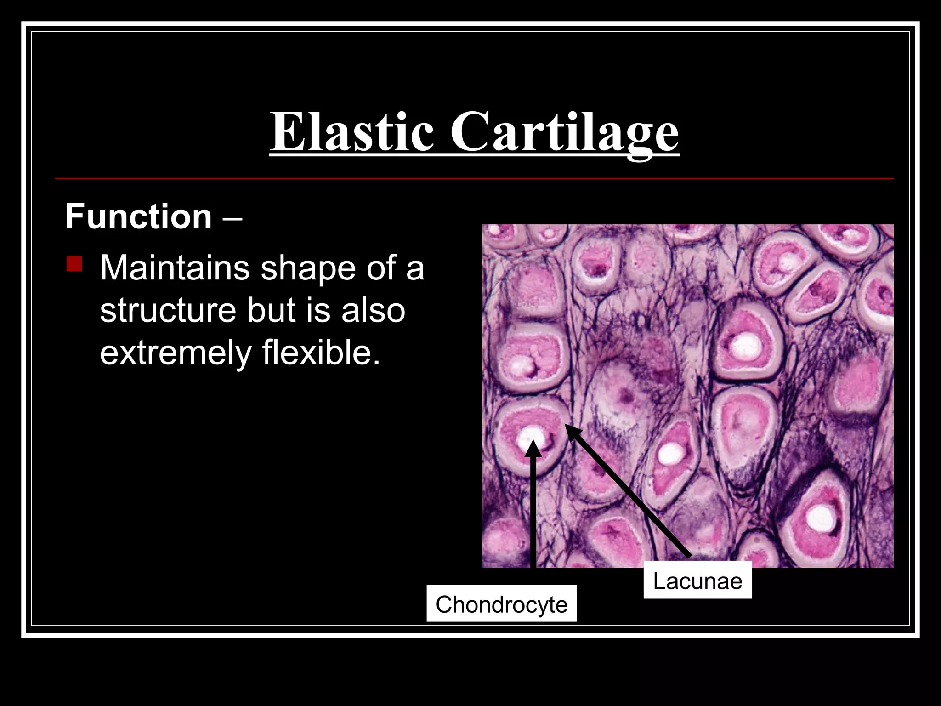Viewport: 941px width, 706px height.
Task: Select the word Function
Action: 138,216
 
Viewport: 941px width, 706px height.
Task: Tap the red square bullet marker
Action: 74,264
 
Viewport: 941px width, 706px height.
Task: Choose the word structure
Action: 168,311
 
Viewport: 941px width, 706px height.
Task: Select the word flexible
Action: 321,353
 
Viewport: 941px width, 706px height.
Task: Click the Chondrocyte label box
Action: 501,604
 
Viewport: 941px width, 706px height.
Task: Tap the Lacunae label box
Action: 697,581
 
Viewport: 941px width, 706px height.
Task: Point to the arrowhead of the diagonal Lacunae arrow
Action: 572,432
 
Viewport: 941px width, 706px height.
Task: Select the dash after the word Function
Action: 232,217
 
